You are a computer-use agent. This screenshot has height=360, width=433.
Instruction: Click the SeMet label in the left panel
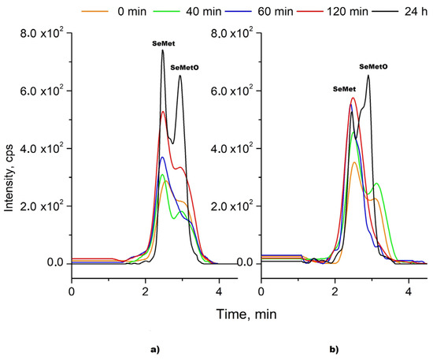[x=163, y=45]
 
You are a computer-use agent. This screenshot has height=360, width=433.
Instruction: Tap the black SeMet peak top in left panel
[x=163, y=50]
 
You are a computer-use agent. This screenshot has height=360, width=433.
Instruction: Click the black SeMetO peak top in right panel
[x=368, y=76]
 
